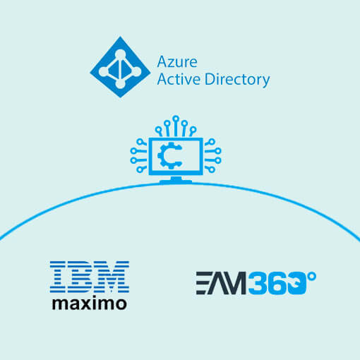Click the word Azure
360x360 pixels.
coord(177,62)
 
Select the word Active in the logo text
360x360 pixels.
coord(179,79)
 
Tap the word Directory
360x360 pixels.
coord(237,80)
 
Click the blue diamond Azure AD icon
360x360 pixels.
coord(120,67)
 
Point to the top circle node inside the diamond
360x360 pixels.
coord(120,54)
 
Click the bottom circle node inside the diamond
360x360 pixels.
coord(120,83)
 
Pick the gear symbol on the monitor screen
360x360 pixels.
coord(169,155)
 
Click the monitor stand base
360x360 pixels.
coord(176,181)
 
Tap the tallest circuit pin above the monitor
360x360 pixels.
coord(176,126)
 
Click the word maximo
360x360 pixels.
coord(90,304)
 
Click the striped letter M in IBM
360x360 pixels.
coord(112,277)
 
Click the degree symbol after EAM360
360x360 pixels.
coord(312,276)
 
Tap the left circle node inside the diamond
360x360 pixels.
coord(103,71)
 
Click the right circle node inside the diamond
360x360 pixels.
coord(137,71)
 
